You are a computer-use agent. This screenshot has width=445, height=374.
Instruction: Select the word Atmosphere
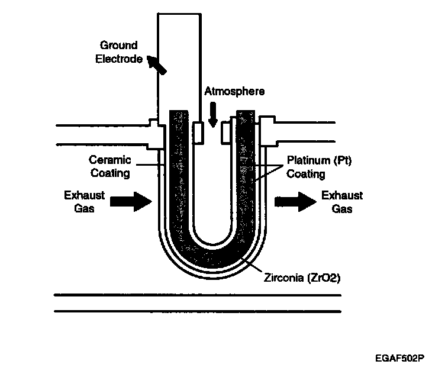click(x=234, y=92)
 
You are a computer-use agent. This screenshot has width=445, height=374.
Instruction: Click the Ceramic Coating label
click(x=109, y=166)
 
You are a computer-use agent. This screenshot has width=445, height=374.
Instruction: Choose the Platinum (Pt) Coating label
click(x=311, y=167)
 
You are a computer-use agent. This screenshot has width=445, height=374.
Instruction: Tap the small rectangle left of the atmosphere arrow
click(x=199, y=133)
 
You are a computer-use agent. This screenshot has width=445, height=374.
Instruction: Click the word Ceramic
click(x=109, y=160)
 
